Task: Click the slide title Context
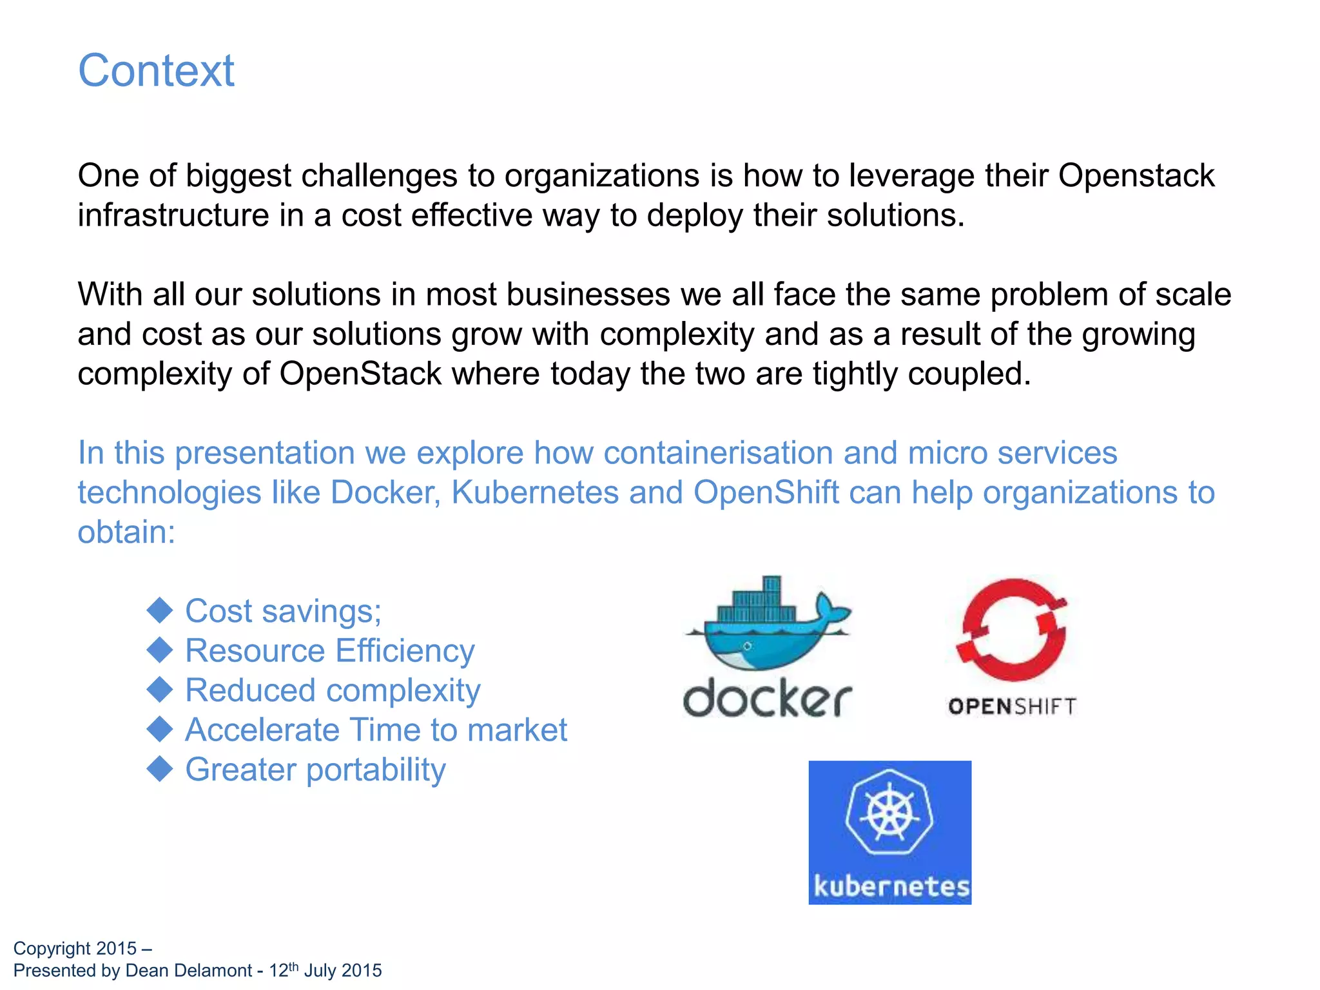(156, 70)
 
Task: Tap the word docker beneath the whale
(767, 698)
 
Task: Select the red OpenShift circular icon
(1011, 630)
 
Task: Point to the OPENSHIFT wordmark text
(1012, 706)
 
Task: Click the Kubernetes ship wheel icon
(889, 815)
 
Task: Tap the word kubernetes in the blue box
(891, 886)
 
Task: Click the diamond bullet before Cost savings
(159, 610)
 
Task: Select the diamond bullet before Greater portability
(159, 769)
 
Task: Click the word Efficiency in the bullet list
(404, 650)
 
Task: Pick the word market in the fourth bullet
(517, 730)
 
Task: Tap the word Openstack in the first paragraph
(1136, 175)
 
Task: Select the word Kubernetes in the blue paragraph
(534, 492)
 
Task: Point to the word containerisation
(718, 452)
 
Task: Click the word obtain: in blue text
(126, 532)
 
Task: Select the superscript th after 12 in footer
(293, 966)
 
